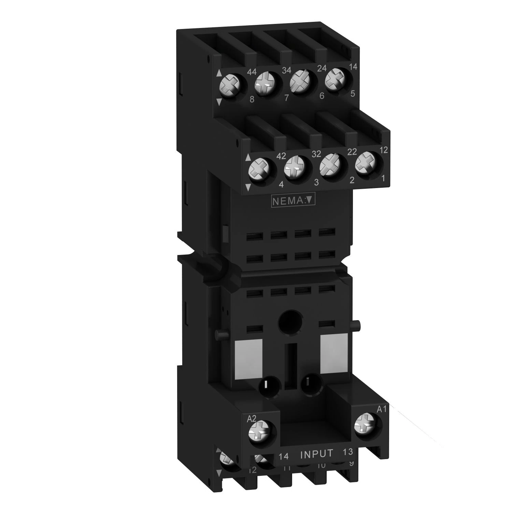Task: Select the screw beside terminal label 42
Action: pos(258,170)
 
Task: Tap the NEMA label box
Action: pos(292,201)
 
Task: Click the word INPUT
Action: pos(316,454)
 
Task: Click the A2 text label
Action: pos(251,418)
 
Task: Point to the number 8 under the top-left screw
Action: pos(252,100)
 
